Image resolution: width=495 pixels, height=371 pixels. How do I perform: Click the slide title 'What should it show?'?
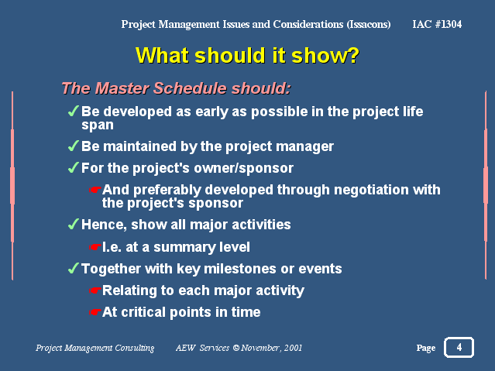[x=247, y=56]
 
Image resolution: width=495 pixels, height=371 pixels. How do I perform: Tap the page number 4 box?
[x=459, y=347]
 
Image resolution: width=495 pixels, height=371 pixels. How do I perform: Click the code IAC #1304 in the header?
[x=437, y=24]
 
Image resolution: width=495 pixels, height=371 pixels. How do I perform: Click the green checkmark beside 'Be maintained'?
[x=74, y=146]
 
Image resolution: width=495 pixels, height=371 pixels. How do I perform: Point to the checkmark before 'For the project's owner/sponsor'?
[x=74, y=167]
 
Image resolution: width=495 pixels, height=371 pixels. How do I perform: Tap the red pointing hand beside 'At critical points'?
[x=95, y=312]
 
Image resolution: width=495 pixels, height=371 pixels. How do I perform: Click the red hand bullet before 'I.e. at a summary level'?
[x=95, y=247]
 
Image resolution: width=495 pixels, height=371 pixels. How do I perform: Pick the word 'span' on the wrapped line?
[x=98, y=125]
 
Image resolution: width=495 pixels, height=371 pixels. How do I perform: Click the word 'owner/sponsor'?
[x=244, y=168]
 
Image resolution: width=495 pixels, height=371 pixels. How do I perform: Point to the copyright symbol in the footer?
[x=235, y=348]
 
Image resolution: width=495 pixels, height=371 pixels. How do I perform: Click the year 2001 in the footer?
[x=293, y=348]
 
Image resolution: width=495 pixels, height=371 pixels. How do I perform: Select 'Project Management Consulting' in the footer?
[x=95, y=348]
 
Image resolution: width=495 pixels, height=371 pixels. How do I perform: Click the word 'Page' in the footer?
[x=426, y=348]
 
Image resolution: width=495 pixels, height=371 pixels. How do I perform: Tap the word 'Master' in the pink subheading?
[x=122, y=88]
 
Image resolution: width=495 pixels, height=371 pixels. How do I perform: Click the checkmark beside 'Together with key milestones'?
[x=74, y=269]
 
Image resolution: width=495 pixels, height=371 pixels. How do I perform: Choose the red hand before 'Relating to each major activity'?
[x=95, y=290]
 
